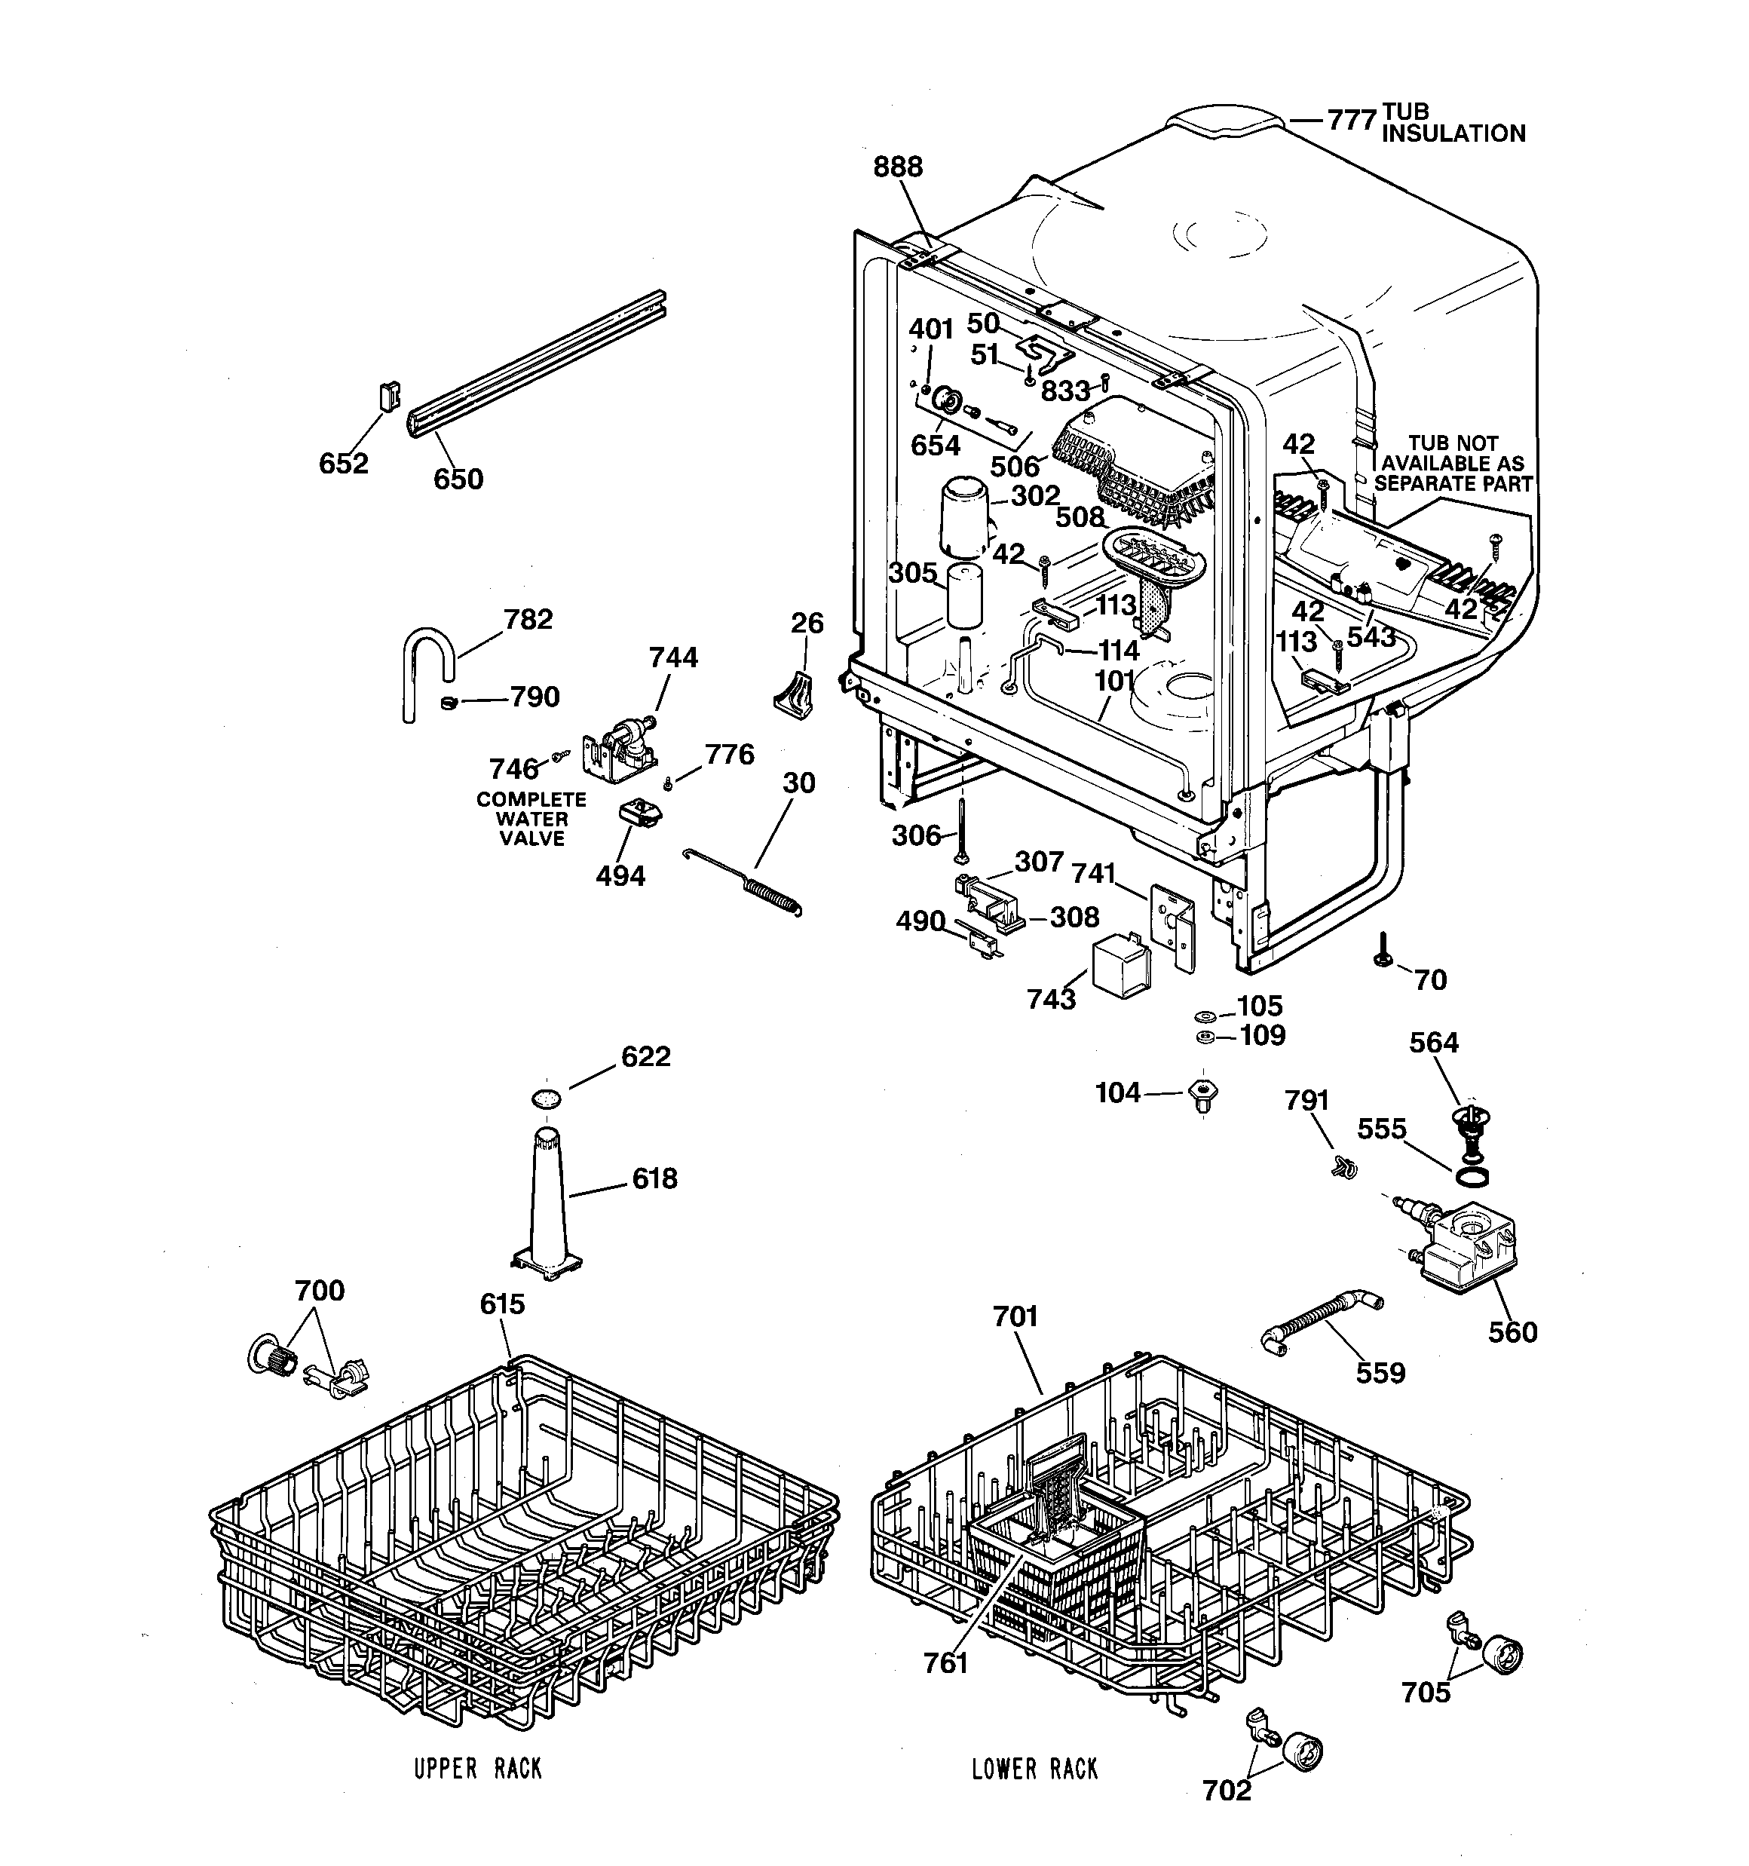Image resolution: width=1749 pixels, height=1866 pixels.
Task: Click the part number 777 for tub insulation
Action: coord(1351,121)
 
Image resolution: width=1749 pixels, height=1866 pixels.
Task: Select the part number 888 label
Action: coord(898,167)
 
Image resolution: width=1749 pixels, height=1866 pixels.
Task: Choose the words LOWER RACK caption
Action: coord(1034,1769)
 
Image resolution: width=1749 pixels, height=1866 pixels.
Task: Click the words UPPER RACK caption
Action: coord(478,1769)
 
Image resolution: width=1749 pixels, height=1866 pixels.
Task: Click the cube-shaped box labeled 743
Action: coord(1122,964)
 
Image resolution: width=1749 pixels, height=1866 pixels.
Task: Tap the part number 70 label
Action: coord(1430,980)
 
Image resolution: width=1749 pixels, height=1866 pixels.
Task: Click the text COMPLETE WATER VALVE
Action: coord(531,819)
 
